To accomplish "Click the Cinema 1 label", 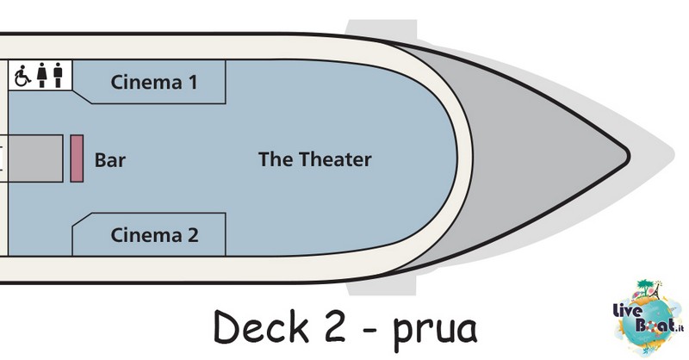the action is click(x=154, y=82).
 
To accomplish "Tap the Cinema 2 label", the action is click(x=154, y=235).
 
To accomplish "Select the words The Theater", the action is click(x=314, y=159).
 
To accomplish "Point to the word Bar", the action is click(x=110, y=160).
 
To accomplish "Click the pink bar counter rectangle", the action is click(x=77, y=158).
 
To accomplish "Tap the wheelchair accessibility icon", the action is click(x=22, y=76).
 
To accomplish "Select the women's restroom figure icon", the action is click(x=41, y=75).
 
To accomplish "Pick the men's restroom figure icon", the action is click(x=58, y=75).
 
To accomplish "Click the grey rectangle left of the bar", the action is click(x=35, y=158).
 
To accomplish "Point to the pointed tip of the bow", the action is click(x=630, y=155).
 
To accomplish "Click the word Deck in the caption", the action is click(x=261, y=326).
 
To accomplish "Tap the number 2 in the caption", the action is click(x=335, y=326).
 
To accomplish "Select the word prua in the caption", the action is click(x=435, y=331).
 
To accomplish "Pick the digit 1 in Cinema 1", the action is click(x=193, y=82).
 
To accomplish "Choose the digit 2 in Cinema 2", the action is click(x=193, y=235).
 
